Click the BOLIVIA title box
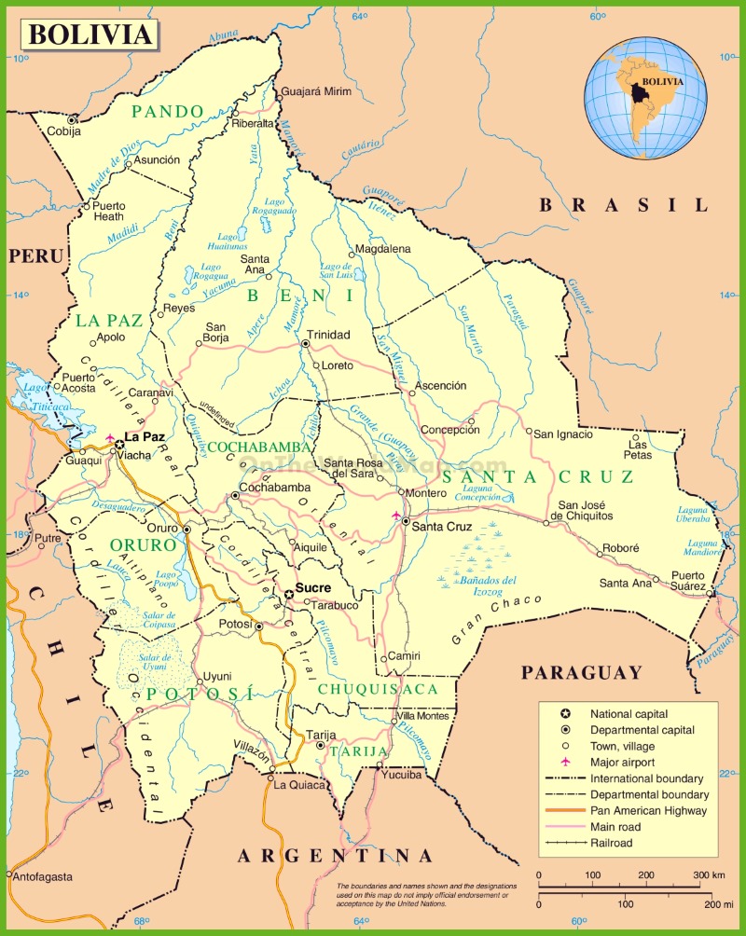click(x=90, y=34)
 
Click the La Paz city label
click(x=145, y=436)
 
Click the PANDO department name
click(x=167, y=111)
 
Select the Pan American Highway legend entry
click(x=648, y=810)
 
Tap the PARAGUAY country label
click(x=581, y=672)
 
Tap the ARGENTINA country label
click(x=335, y=856)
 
